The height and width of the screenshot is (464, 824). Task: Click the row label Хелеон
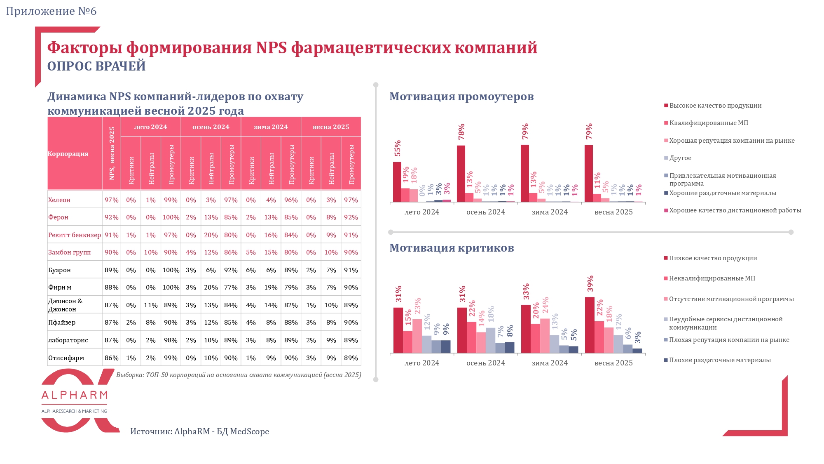(59, 200)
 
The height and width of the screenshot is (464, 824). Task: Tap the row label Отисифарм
(66, 358)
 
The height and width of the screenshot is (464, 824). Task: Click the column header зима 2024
(271, 127)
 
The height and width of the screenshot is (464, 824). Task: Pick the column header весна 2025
(331, 127)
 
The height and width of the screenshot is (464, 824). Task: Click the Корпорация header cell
(68, 154)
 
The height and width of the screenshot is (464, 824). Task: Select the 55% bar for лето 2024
(397, 182)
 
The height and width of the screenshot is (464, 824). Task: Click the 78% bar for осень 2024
(461, 174)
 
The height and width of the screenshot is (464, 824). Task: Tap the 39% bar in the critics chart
(590, 325)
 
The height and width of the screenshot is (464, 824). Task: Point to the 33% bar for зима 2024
(526, 329)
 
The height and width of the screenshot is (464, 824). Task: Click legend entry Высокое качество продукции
(715, 106)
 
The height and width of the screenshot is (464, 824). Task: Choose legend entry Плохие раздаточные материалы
(719, 360)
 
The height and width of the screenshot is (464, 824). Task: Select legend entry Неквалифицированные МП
(712, 278)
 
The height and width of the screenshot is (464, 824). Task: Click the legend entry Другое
(680, 158)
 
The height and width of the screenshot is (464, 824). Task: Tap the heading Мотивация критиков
(452, 248)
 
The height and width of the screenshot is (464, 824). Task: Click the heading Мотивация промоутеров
(461, 97)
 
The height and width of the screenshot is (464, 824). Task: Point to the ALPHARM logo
(75, 400)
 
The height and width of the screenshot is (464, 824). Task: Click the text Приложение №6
(51, 11)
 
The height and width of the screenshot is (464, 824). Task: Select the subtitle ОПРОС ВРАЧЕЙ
(96, 66)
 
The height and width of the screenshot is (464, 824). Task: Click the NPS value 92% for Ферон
(111, 217)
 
